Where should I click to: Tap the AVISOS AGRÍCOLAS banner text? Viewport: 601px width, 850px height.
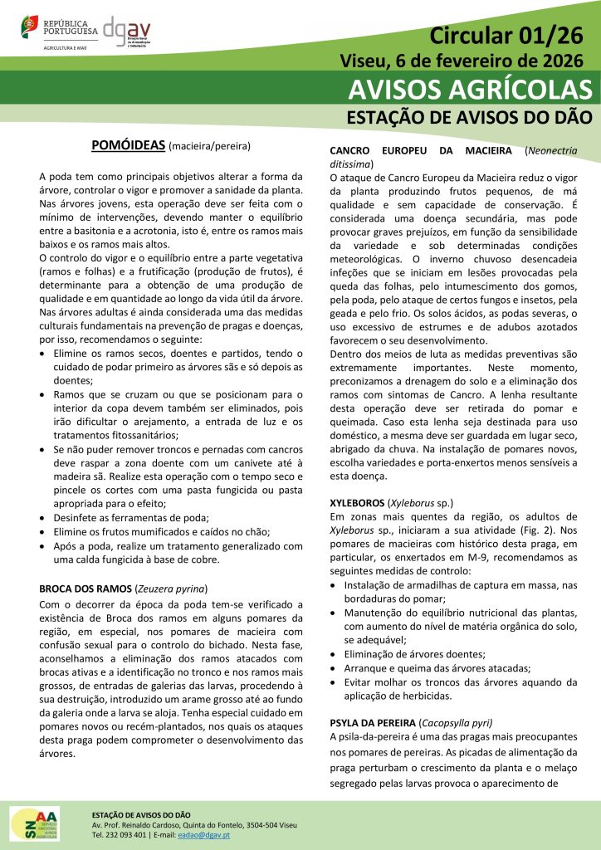click(471, 89)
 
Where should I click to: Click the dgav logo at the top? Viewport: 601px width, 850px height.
click(128, 32)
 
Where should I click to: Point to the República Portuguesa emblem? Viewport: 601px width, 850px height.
click(30, 27)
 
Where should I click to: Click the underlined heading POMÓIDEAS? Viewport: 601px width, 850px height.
click(128, 146)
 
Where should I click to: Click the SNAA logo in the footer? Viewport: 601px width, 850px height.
click(34, 823)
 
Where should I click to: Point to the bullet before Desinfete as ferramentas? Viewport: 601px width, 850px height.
click(45, 517)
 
